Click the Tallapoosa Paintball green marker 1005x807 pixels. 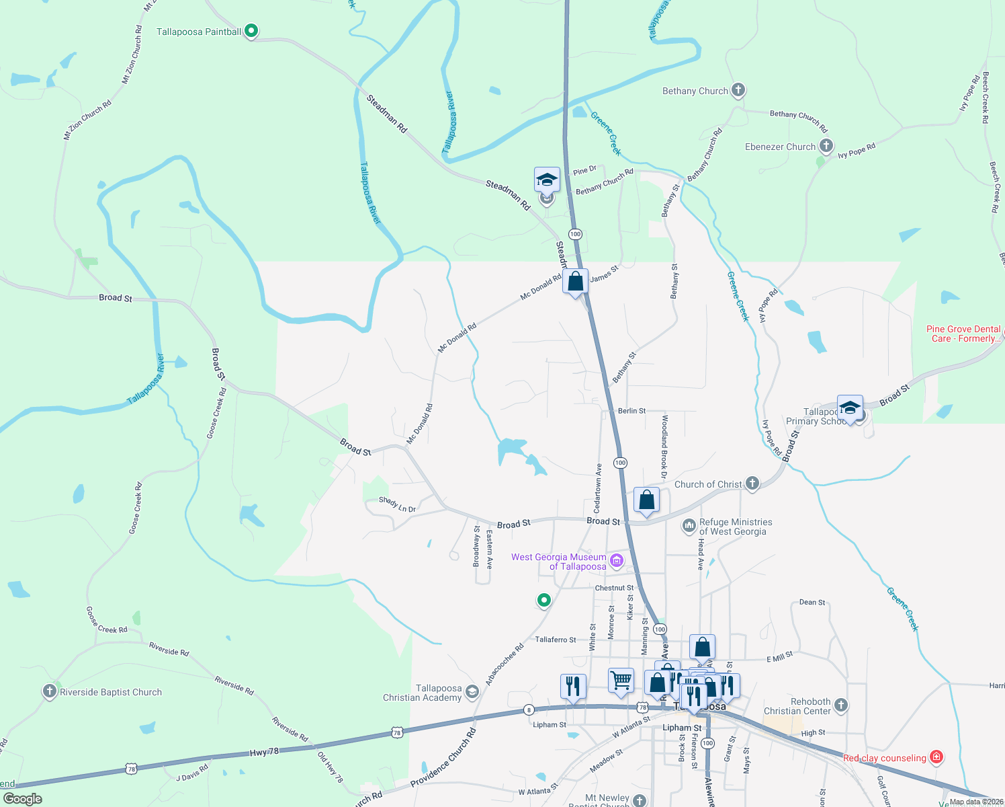[x=251, y=31]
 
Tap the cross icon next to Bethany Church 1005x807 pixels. [x=738, y=90]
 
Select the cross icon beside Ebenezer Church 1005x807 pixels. [x=826, y=146]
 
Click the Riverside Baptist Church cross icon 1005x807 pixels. [x=49, y=691]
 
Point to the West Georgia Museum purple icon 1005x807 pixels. [x=616, y=560]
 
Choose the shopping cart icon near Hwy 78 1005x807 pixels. [x=621, y=680]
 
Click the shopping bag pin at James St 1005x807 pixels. [x=576, y=282]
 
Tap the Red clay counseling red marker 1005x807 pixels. [x=936, y=757]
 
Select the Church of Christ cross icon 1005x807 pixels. [x=752, y=484]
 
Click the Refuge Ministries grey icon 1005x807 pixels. [x=689, y=526]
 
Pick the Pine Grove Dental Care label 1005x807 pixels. [x=963, y=334]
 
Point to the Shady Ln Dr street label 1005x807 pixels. [x=397, y=504]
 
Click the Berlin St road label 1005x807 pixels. [x=631, y=410]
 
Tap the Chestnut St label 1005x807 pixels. [x=614, y=588]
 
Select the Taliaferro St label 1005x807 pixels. [x=556, y=640]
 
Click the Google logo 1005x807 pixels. [x=22, y=798]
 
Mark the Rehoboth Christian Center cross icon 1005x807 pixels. [x=841, y=705]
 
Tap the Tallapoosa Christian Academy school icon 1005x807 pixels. [x=472, y=692]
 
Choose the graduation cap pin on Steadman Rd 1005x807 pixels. [x=547, y=180]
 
